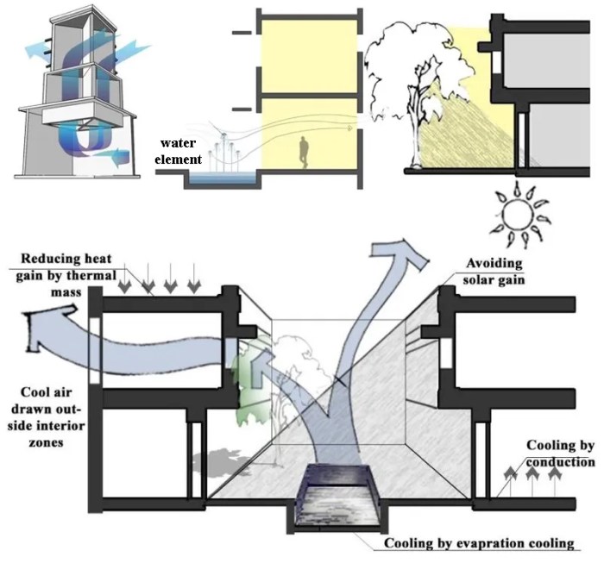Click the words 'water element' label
click(179, 152)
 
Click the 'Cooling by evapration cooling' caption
click(480, 543)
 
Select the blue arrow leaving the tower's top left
click(32, 50)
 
